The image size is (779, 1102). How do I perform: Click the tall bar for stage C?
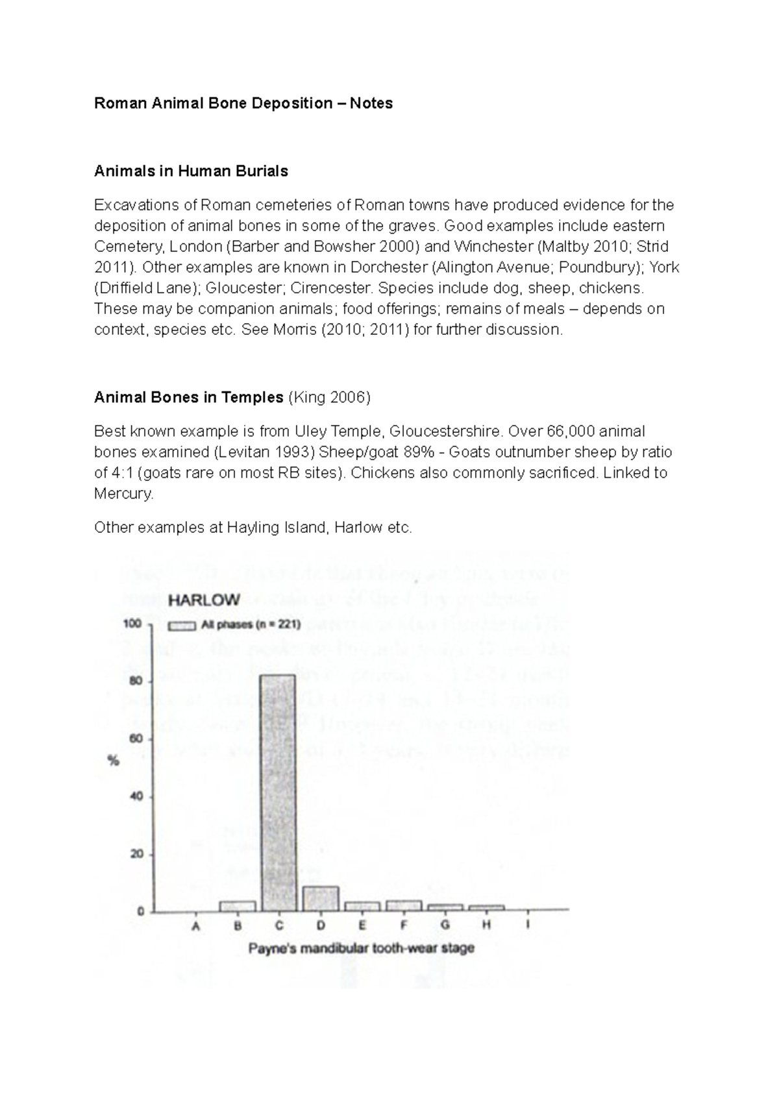tap(278, 792)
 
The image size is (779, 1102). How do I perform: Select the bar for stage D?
tap(321, 899)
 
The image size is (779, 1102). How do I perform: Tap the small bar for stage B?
tap(238, 906)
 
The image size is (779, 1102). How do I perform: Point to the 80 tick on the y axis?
tap(136, 681)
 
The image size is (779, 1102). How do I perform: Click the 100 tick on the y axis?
tap(132, 624)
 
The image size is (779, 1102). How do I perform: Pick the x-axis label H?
tap(486, 926)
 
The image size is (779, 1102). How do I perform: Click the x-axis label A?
tap(196, 927)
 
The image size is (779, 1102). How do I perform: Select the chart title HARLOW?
tap(204, 600)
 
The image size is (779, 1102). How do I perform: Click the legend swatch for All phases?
tap(182, 626)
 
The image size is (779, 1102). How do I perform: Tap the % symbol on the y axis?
tap(114, 761)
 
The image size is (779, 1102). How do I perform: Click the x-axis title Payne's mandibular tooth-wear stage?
tap(362, 948)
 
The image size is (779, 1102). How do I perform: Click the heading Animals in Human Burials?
tap(191, 171)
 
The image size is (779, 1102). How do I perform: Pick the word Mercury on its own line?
tap(123, 493)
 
